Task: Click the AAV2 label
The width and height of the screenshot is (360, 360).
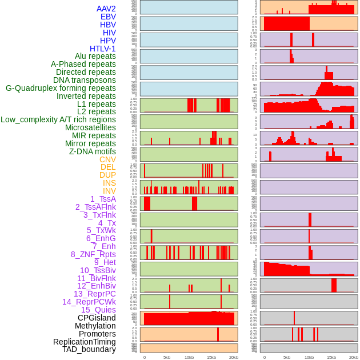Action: click(106, 9)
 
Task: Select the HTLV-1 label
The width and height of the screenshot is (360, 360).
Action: click(103, 49)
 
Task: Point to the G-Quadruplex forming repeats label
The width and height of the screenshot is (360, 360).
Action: click(61, 88)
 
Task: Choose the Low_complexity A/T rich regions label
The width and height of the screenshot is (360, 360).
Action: click(58, 119)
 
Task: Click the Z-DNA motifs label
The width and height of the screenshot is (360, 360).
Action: click(93, 151)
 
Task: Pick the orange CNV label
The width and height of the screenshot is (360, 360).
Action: click(107, 159)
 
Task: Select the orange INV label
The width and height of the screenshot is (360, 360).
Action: click(109, 191)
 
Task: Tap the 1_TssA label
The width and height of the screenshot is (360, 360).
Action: click(103, 199)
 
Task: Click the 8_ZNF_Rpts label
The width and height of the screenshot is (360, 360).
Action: click(93, 254)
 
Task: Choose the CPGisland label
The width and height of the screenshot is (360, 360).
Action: click(97, 318)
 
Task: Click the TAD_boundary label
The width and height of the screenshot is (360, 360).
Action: click(89, 349)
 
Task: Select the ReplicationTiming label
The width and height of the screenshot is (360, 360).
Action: click(85, 342)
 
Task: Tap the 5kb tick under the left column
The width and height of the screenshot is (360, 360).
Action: click(167, 357)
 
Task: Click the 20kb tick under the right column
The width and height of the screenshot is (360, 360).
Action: click(354, 357)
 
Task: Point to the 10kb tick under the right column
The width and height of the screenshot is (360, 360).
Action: click(309, 357)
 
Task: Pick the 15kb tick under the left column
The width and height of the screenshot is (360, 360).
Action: click(211, 357)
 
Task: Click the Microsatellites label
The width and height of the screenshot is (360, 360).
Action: click(90, 127)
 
